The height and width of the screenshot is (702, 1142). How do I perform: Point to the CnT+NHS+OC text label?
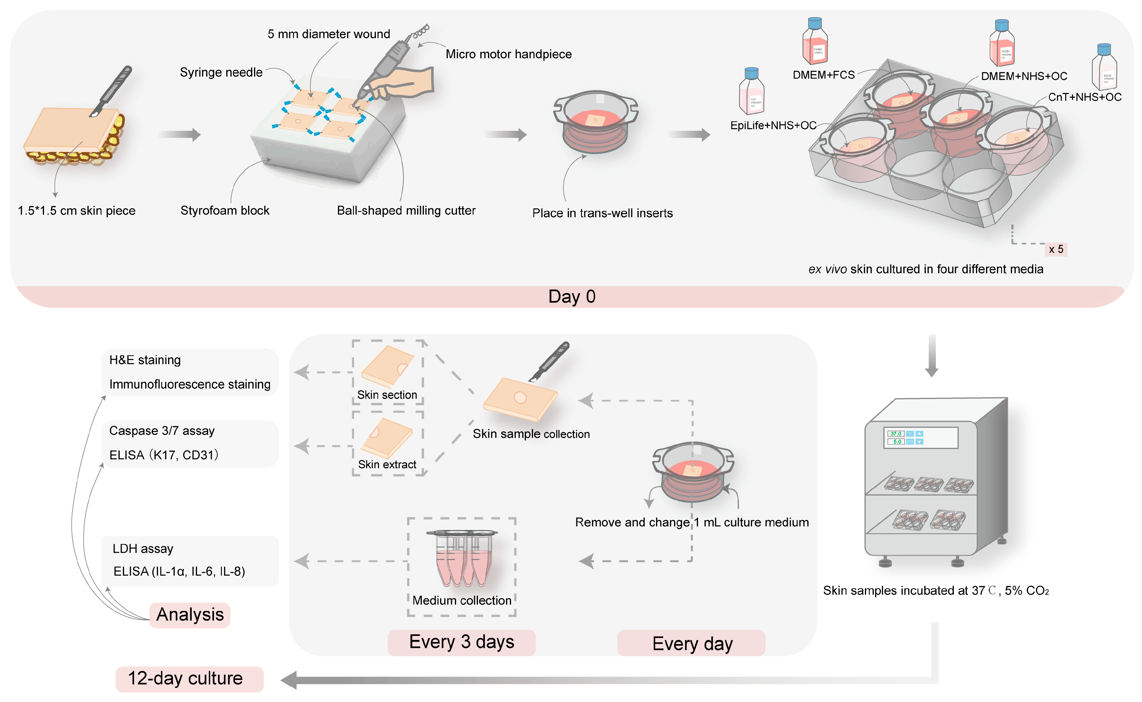pyautogui.click(x=1084, y=97)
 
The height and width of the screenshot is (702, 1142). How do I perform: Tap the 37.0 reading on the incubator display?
pyautogui.click(x=895, y=434)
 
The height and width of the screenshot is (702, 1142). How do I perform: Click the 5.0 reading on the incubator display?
pyautogui.click(x=896, y=442)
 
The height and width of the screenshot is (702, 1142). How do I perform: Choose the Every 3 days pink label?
pyautogui.click(x=461, y=642)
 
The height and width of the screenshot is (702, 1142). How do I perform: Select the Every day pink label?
pyautogui.click(x=691, y=643)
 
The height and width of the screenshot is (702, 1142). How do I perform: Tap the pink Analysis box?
pyautogui.click(x=190, y=615)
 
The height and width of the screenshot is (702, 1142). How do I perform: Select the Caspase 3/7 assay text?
pyautogui.click(x=162, y=431)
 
